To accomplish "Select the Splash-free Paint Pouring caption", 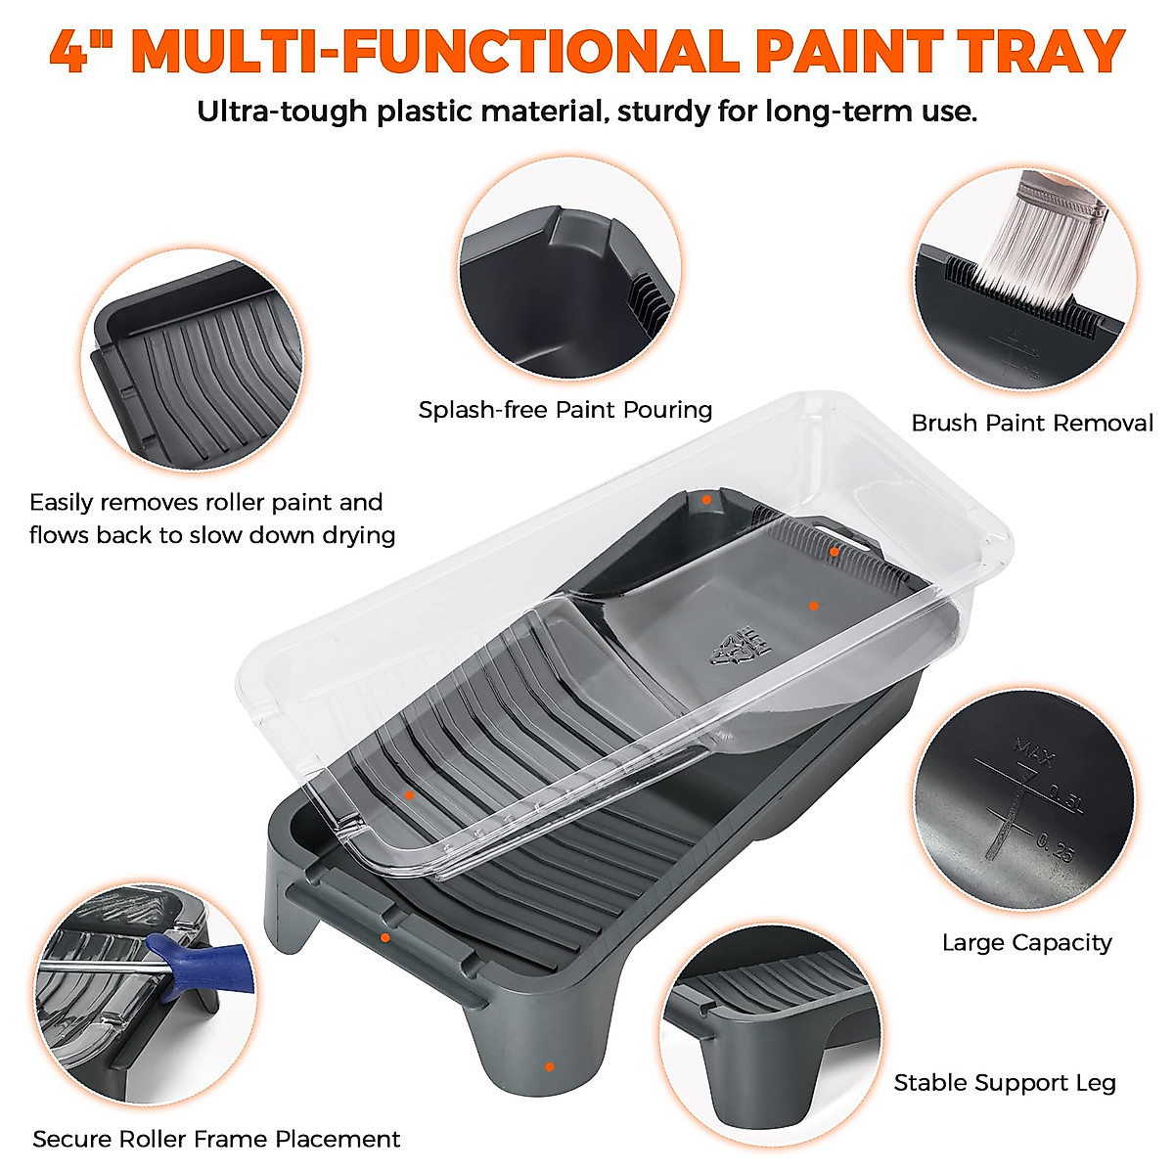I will (564, 409).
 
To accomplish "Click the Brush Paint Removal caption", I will (1031, 423).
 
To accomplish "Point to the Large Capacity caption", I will (1026, 942).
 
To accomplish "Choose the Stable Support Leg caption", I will (1004, 1082).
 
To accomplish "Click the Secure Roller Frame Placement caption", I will (216, 1139).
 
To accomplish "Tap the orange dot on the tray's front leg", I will (549, 1066).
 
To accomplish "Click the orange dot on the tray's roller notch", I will (385, 937).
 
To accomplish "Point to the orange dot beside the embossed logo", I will (813, 606).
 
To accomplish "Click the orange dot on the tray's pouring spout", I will (705, 499).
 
